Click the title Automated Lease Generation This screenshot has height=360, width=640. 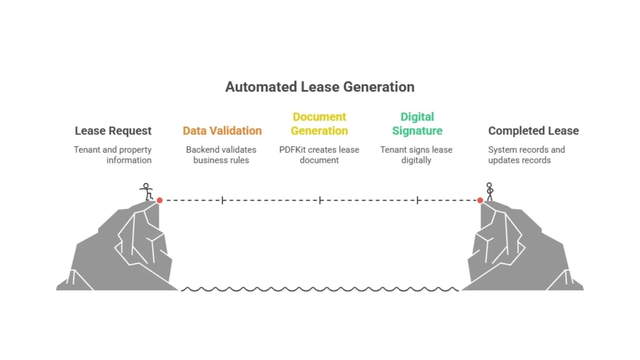320,87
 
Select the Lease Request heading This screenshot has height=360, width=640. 113,131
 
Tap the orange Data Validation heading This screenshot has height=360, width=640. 222,131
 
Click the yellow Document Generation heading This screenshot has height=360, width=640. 319,124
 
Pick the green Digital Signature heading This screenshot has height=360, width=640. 417,124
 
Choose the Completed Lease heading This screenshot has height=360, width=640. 533,131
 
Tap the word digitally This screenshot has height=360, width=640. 416,160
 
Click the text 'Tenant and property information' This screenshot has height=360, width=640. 113,155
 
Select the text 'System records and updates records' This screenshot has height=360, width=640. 526,155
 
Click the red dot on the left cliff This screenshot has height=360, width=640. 160,200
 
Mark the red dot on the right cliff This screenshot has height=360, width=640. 480,200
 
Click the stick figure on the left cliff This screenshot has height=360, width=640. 147,192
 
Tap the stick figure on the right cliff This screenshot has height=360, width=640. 490,192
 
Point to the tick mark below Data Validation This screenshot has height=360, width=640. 222,200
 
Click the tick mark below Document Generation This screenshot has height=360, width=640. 320,200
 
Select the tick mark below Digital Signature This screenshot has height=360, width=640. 418,200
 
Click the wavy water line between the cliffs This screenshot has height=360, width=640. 320,289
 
